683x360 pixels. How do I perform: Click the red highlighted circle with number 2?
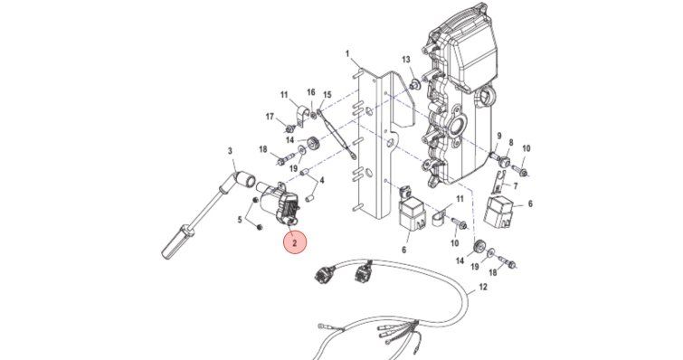point(295,243)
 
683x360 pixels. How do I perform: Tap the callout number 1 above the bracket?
point(347,54)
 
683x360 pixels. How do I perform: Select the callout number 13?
point(406,59)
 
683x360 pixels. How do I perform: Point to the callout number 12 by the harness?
point(483,287)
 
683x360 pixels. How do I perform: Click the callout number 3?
point(230,151)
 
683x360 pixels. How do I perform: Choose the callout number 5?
point(240,220)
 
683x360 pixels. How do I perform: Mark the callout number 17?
point(270,117)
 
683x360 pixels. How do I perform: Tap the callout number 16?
point(310,92)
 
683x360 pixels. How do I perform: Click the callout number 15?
point(327,95)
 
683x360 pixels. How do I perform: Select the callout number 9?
point(499,136)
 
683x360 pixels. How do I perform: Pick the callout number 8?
point(511,142)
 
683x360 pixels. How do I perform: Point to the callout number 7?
point(516,186)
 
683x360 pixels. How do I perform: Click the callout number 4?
point(322,180)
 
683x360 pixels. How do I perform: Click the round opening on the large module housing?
point(457,128)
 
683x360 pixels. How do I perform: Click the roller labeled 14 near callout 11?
point(313,143)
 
